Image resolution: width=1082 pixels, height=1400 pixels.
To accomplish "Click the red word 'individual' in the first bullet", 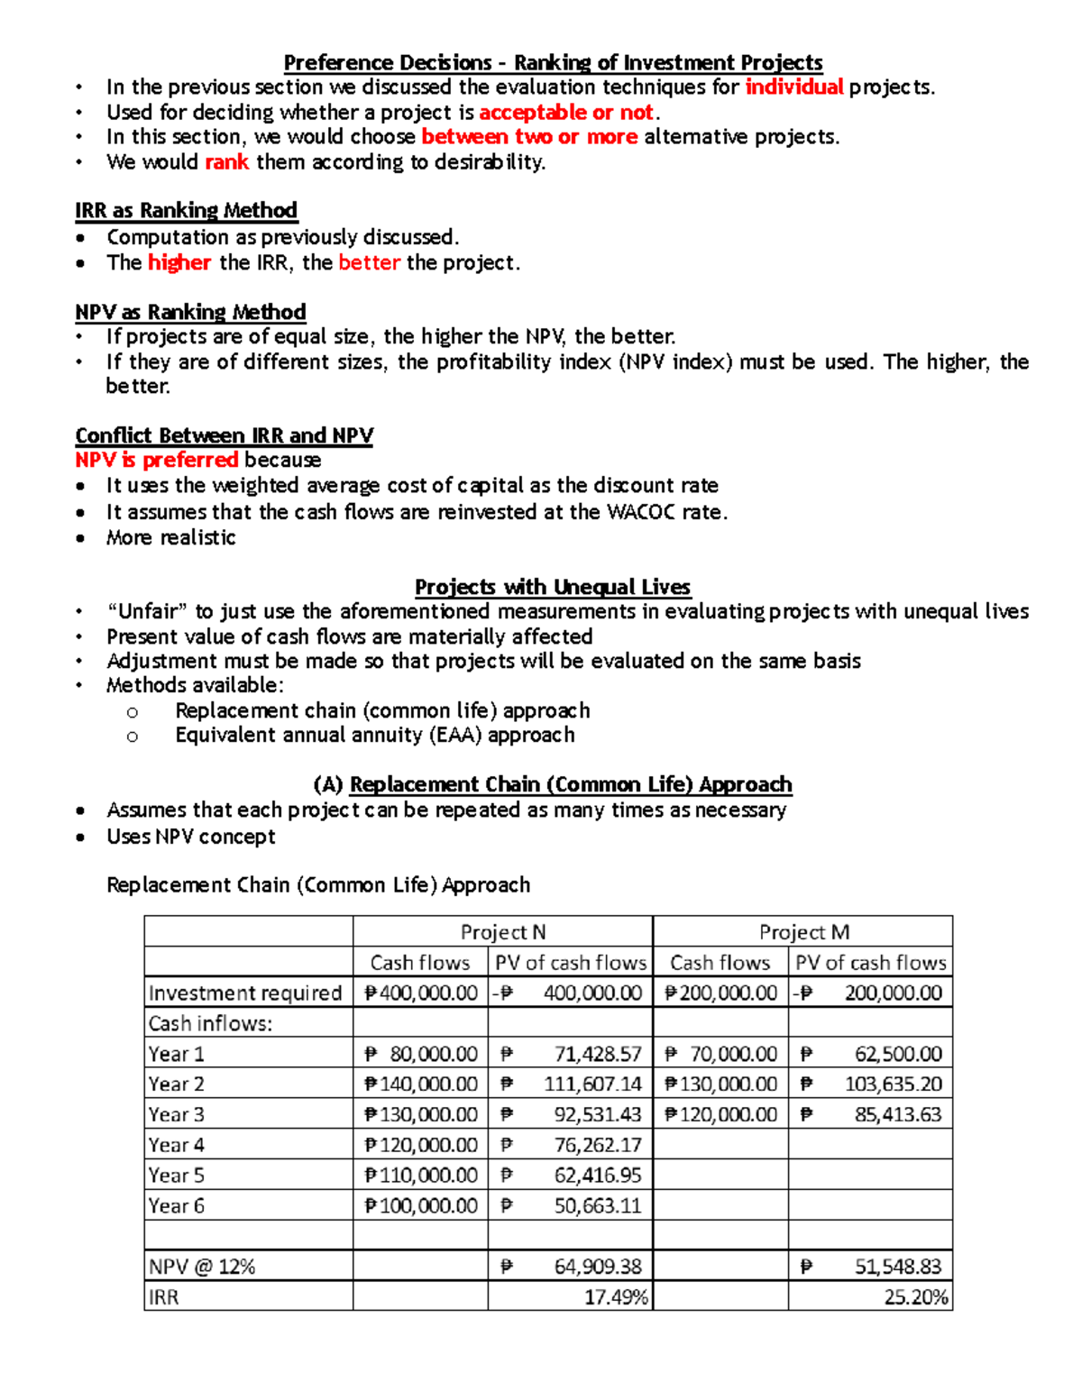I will point(793,87).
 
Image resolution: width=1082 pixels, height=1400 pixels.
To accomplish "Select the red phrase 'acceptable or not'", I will point(566,113).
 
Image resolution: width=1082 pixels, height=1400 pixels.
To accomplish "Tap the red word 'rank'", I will point(226,162).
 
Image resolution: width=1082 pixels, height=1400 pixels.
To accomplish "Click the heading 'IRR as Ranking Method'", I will point(186,211).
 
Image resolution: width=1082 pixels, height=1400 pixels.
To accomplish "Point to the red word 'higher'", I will point(179,262).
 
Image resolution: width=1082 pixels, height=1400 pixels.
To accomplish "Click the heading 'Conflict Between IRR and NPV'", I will point(224,435).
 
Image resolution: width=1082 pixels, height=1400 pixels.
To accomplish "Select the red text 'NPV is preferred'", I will point(156,460).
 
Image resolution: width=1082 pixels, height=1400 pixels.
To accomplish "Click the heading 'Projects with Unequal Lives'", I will point(552,587).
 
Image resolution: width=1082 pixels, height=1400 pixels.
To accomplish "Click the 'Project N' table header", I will point(502,932).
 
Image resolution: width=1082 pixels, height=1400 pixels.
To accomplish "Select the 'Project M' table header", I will point(803,932).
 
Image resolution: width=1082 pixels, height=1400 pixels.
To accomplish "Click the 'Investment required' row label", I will point(244,993).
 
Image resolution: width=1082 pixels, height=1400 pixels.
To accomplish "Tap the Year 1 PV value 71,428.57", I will point(597,1054).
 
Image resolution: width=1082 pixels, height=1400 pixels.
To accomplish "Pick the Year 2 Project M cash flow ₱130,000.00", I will point(720,1084).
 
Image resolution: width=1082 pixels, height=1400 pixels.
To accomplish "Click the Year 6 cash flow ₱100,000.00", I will point(421,1205).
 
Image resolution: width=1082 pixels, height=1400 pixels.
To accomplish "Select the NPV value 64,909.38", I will point(597,1267).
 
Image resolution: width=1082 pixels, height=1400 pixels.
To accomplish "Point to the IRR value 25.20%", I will point(915,1297).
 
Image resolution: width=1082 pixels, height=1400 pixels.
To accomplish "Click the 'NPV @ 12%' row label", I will point(202,1267).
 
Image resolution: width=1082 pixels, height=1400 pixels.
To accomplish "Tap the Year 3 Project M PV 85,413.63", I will point(897,1115).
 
